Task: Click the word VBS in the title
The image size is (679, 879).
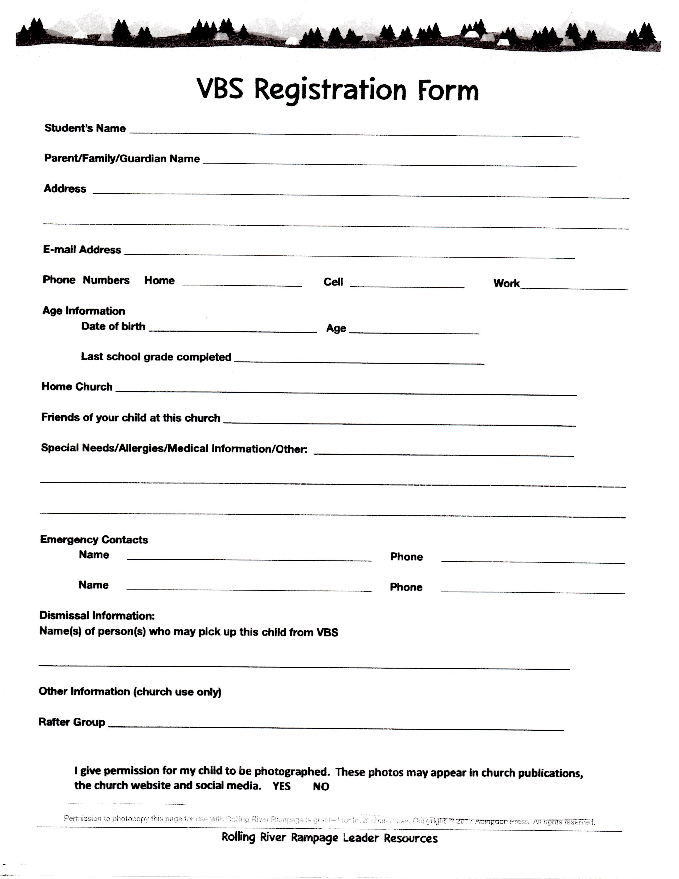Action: pos(220,89)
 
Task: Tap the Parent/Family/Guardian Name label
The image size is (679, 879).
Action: pos(122,158)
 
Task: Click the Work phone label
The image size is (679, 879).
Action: pos(506,283)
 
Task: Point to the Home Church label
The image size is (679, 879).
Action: pos(77,387)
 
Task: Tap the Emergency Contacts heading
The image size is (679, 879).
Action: pos(94,539)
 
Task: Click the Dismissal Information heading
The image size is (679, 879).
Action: pos(97,615)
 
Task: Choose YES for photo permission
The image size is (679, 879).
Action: pos(281,786)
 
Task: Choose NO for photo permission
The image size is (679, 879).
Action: pos(321,786)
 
